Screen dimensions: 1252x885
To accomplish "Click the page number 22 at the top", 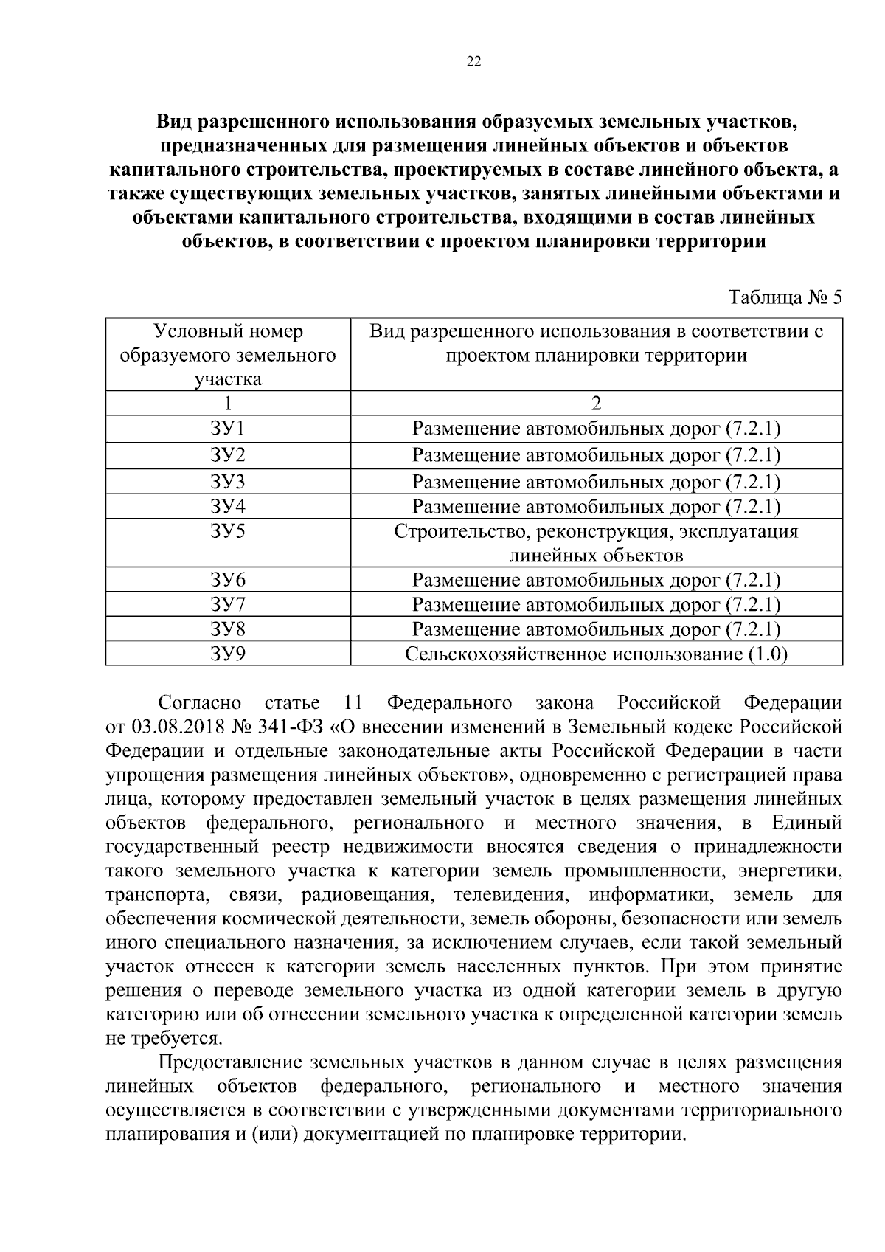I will click(x=474, y=62).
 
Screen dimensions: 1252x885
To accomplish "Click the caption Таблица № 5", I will click(x=785, y=298).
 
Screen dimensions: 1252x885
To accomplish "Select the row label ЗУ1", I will click(x=228, y=429).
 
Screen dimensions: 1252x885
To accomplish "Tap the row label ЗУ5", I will click(x=228, y=531).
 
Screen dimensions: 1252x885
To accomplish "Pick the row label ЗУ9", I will click(x=228, y=654).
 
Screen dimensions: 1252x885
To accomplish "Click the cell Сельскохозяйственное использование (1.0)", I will click(x=596, y=654).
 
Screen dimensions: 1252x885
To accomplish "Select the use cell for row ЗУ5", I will click(x=596, y=543).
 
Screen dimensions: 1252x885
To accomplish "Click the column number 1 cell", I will click(x=228, y=404).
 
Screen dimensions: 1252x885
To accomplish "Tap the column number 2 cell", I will click(x=596, y=404).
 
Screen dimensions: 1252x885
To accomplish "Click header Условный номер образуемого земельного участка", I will click(x=228, y=356).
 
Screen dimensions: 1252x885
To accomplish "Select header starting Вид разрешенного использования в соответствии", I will click(x=596, y=344).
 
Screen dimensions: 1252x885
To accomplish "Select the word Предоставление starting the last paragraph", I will click(x=231, y=1063).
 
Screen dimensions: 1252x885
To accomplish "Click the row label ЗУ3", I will click(x=228, y=482).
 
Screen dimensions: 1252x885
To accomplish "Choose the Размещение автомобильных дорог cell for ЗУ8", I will click(x=596, y=629).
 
